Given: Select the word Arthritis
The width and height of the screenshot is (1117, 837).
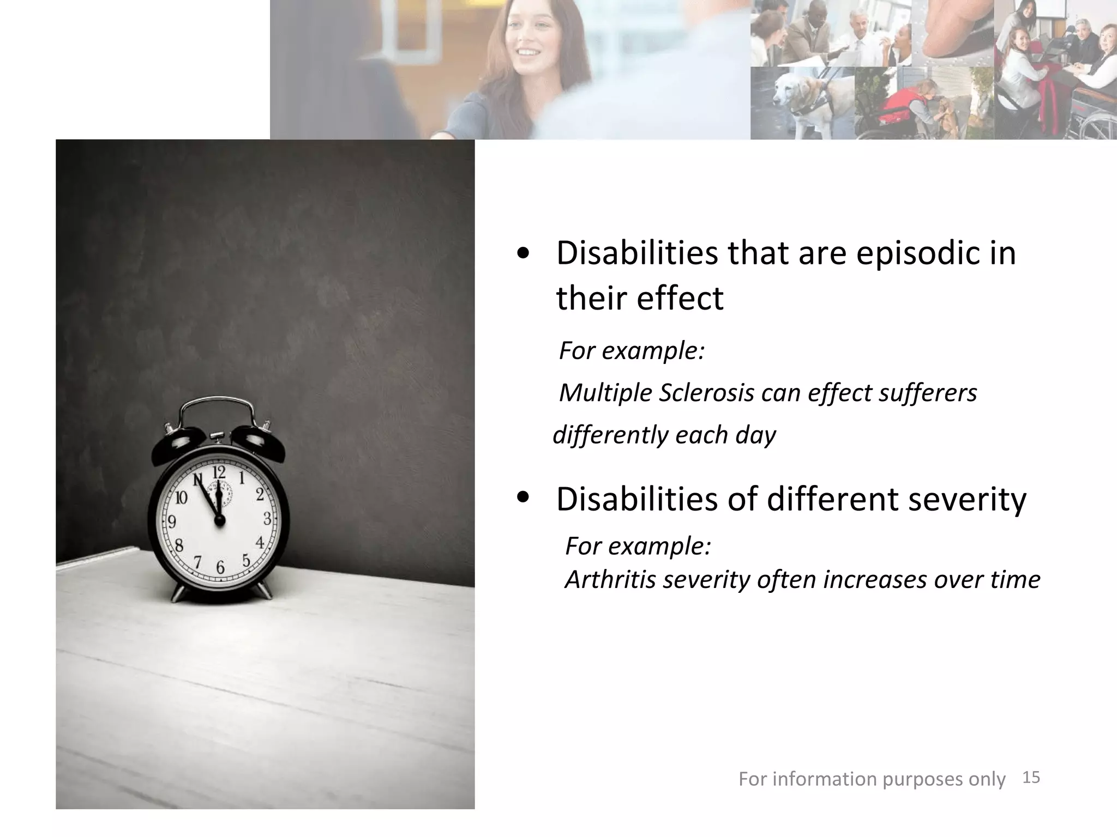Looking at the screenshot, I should click(x=610, y=579).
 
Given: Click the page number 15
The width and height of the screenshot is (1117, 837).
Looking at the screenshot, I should click(x=1031, y=778).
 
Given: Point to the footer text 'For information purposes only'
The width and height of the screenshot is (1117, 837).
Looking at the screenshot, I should click(x=872, y=779).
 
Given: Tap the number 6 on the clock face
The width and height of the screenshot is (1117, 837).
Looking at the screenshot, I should click(x=220, y=568).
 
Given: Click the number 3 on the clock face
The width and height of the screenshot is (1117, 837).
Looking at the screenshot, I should click(x=267, y=519).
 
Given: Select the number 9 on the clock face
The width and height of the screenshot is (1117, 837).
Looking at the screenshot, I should click(x=172, y=522).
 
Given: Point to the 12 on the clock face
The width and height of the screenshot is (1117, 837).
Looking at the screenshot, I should click(x=219, y=472).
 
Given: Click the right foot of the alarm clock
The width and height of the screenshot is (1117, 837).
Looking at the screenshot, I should click(x=264, y=591).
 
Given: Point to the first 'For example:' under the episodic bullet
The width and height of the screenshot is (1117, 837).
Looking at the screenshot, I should click(x=632, y=350).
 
